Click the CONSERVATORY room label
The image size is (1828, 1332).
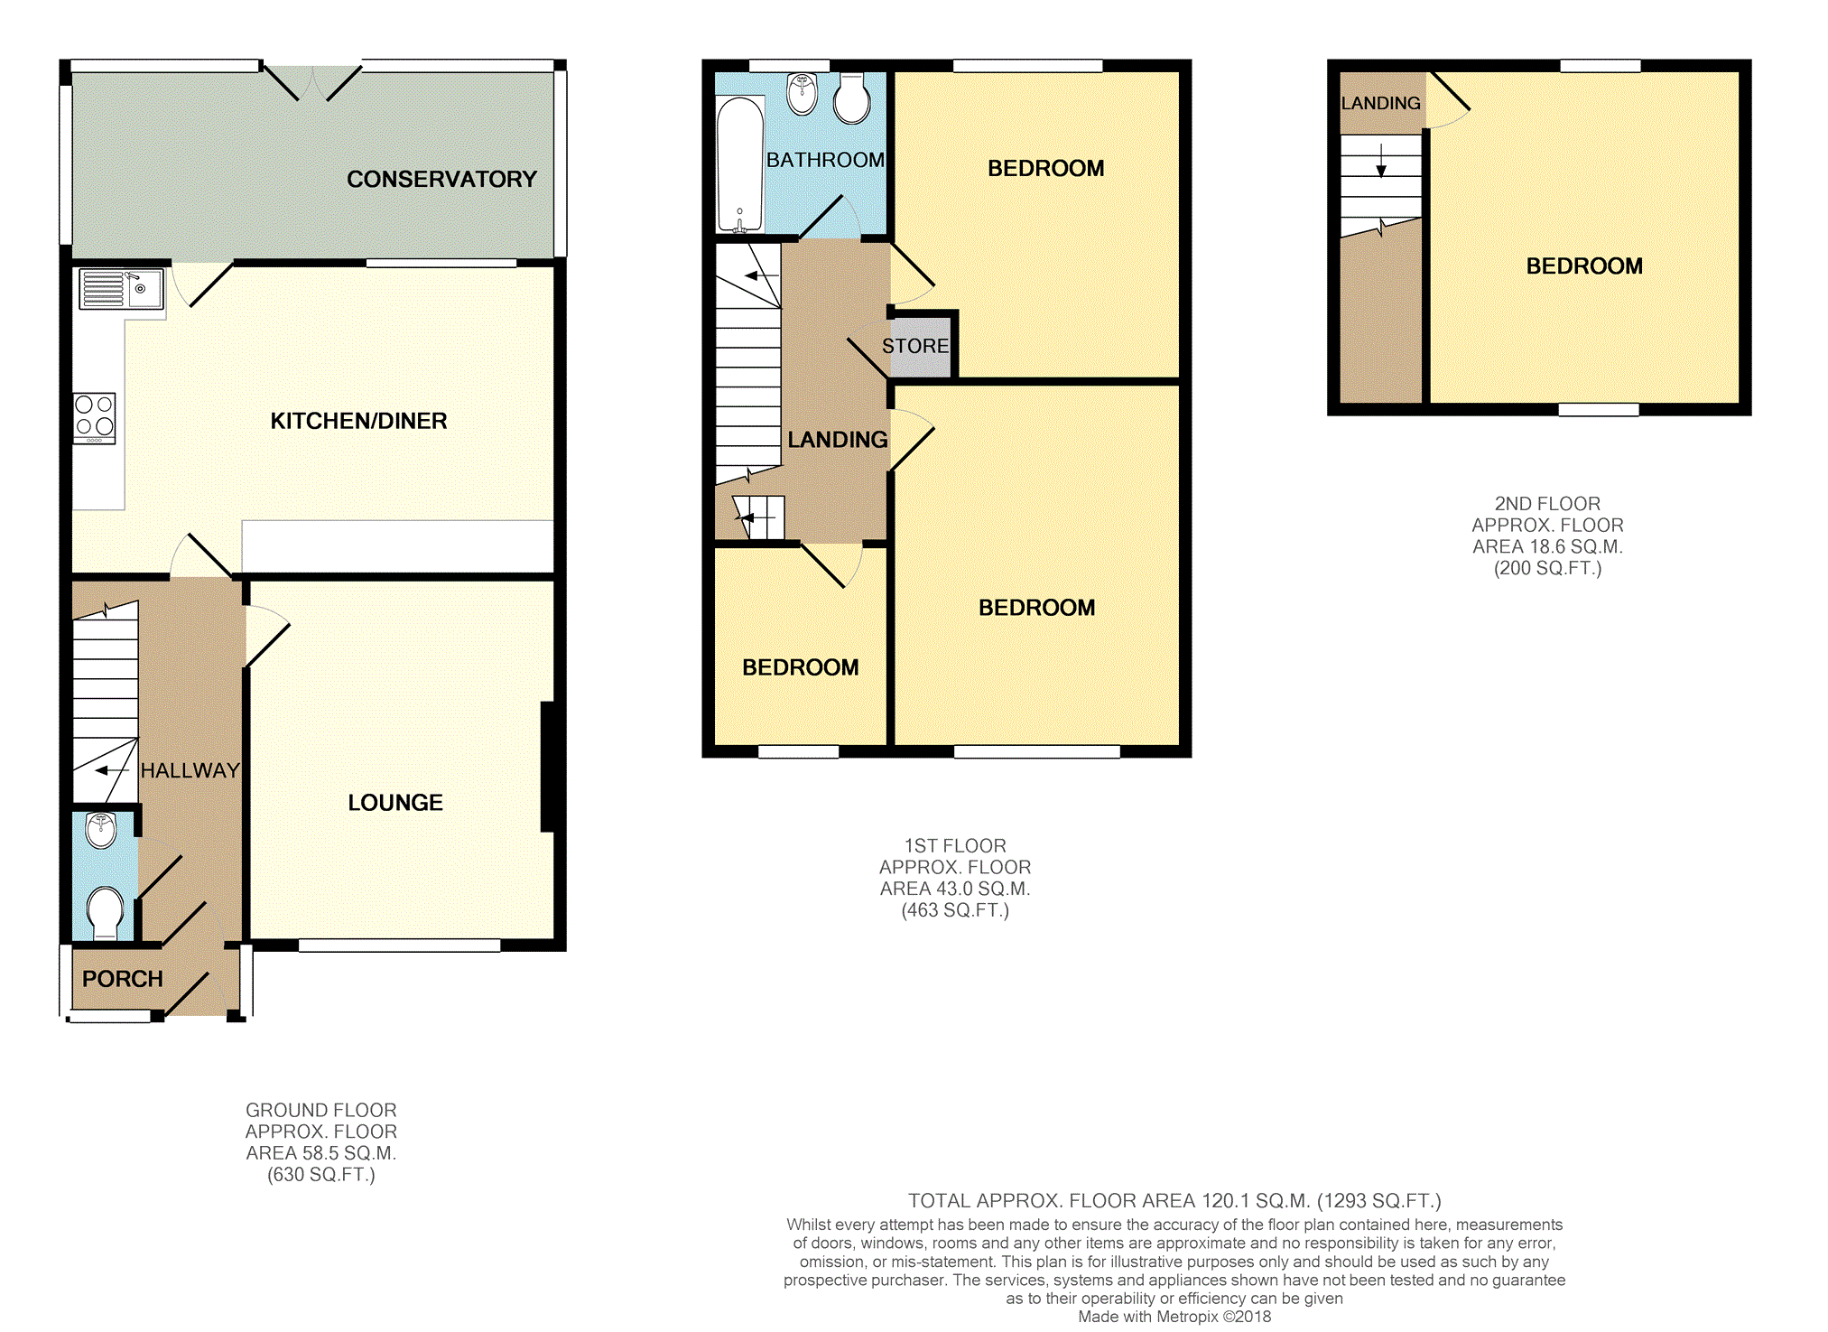441,179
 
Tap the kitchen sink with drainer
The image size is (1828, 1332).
120,289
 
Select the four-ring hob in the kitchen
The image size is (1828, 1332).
95,418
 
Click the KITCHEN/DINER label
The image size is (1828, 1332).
358,421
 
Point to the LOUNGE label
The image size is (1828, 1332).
395,803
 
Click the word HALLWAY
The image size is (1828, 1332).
190,770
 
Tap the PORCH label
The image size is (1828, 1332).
123,979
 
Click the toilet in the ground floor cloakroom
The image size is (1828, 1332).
106,911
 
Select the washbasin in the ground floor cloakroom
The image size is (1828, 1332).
101,829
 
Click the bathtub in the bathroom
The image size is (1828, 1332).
739,165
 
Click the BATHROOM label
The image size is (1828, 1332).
825,160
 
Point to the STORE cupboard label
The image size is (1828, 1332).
915,346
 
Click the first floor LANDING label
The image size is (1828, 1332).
837,440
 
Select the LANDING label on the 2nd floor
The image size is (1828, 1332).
1380,103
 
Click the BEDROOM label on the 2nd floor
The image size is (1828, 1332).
1584,266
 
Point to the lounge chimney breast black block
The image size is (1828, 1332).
547,767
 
